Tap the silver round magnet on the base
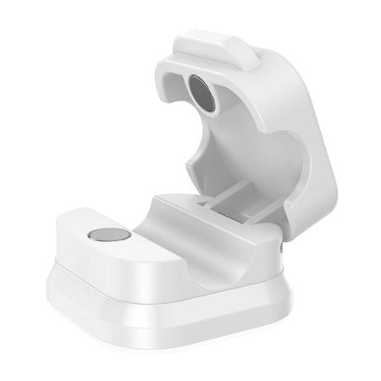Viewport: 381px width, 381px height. [x=106, y=236]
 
